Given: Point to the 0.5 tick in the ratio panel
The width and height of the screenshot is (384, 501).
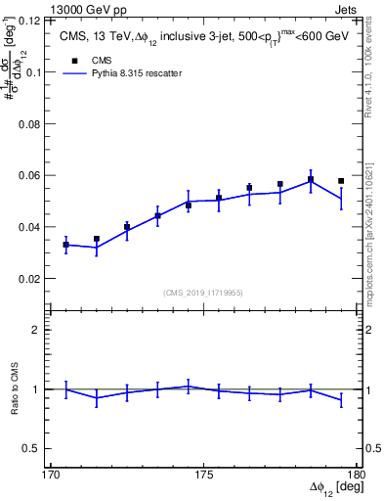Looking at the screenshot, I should click(x=31, y=448).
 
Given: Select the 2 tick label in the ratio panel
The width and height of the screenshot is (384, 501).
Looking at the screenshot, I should click(x=35, y=330).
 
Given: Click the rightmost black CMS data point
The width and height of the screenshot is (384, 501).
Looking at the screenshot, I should click(x=341, y=181).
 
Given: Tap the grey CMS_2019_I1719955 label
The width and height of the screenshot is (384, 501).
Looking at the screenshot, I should click(x=203, y=292).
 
